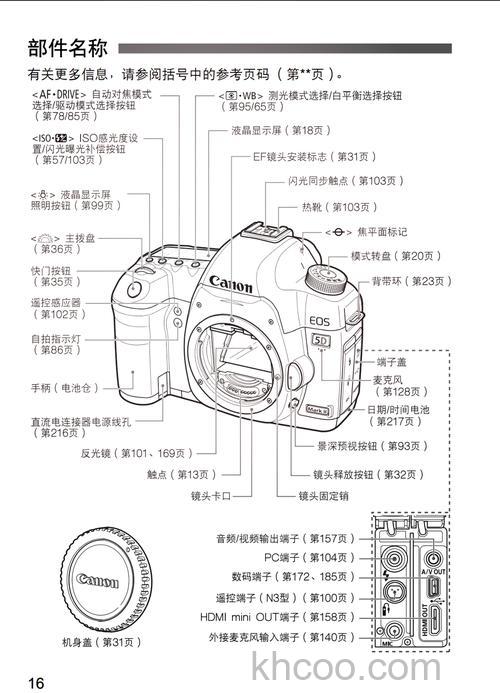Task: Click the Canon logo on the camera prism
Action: (x=231, y=285)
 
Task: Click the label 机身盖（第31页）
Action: (x=99, y=640)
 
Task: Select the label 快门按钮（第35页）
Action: (x=51, y=276)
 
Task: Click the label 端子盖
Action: (x=391, y=360)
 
